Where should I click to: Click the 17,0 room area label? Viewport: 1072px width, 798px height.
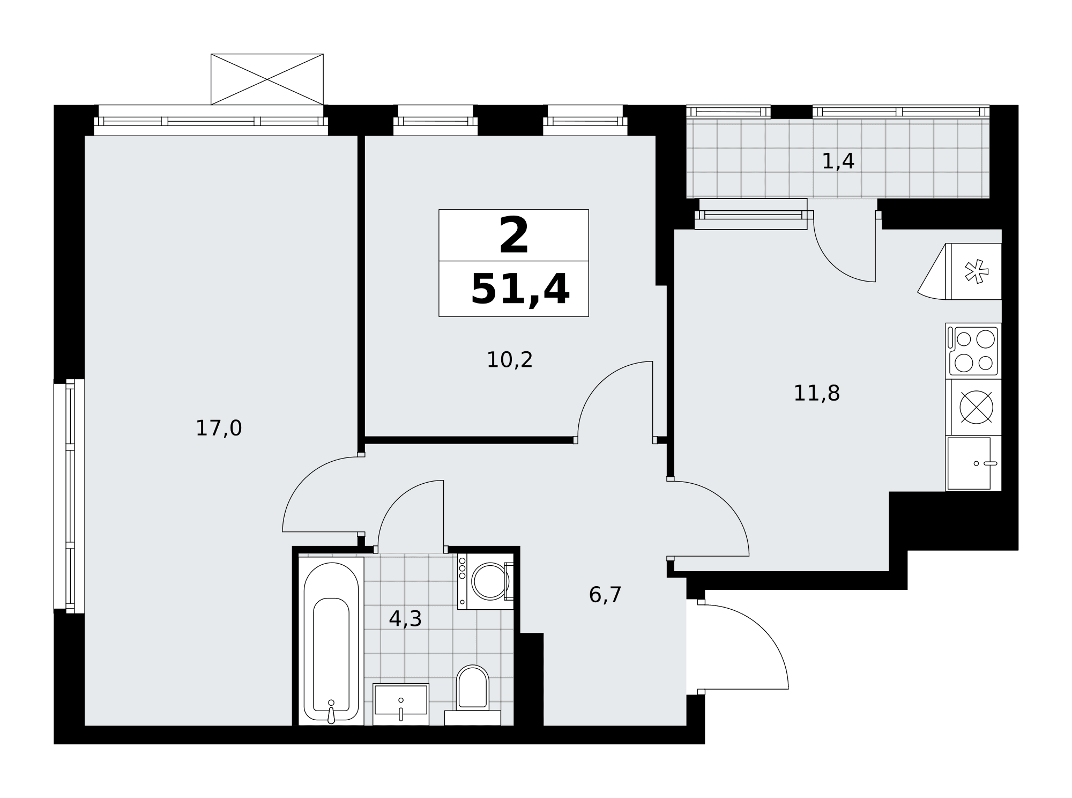click(219, 428)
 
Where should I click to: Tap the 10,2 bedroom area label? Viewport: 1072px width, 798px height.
click(509, 360)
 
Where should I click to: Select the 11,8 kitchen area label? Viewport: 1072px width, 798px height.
click(816, 394)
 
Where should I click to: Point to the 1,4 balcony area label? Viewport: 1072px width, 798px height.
click(838, 161)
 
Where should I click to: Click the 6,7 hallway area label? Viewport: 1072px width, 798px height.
click(605, 595)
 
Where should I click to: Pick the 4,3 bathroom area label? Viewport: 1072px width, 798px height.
click(405, 619)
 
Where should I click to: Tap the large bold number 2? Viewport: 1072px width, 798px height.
click(514, 235)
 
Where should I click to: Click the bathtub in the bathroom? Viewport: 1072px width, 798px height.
click(331, 641)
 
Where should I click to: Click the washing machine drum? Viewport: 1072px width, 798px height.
click(490, 581)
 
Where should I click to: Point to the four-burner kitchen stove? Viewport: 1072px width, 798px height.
click(973, 351)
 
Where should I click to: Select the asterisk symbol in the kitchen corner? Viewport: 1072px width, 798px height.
click(977, 271)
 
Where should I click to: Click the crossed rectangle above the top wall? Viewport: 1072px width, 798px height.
click(267, 79)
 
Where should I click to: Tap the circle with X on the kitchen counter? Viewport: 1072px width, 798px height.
click(976, 408)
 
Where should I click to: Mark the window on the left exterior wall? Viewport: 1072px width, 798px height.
click(69, 496)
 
